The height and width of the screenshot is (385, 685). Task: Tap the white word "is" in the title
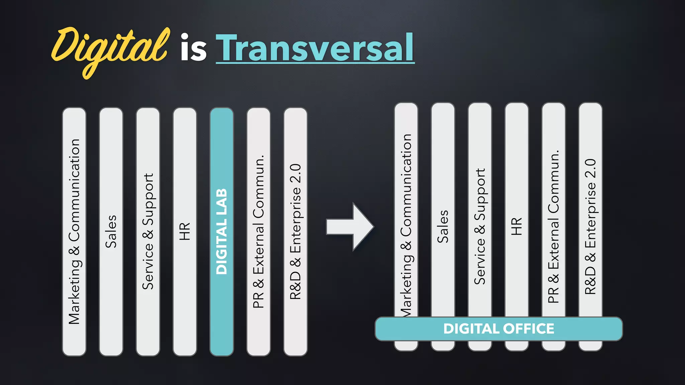pos(193,48)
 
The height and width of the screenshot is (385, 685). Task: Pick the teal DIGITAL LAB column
pos(221,231)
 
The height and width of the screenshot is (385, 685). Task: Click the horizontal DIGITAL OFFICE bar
pos(498,329)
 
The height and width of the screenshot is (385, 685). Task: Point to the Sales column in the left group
pos(111,231)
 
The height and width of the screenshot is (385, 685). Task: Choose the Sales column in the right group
pos(443,226)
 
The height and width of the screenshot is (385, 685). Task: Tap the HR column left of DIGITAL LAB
pos(185,231)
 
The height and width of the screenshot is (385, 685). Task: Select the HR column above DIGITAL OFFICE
pos(516,226)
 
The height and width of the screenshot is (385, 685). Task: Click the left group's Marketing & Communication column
pos(74,231)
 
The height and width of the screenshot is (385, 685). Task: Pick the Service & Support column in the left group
pos(148,231)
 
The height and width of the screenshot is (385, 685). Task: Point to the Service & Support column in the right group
pos(480,226)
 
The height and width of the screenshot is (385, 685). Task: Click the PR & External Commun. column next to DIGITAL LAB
pos(258,231)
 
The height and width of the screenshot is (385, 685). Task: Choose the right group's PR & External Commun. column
pos(554,226)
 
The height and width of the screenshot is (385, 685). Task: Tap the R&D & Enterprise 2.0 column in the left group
pos(295,231)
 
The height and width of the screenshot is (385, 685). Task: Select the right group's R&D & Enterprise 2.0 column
pos(590,226)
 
